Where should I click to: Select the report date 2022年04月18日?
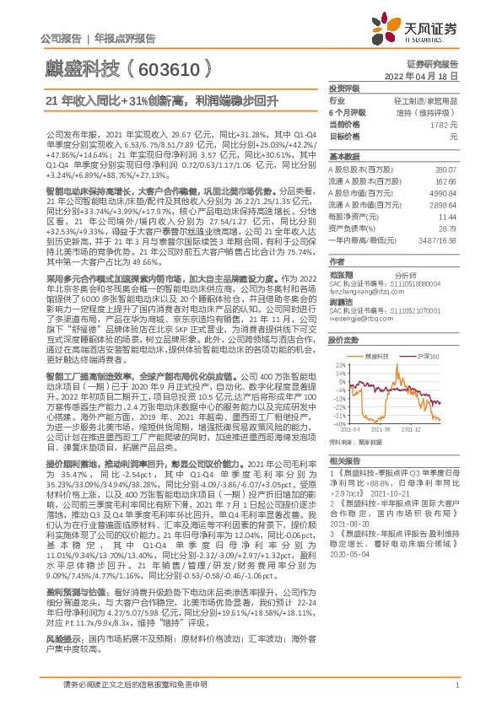(426, 75)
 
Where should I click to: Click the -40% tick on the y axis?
(341, 424)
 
